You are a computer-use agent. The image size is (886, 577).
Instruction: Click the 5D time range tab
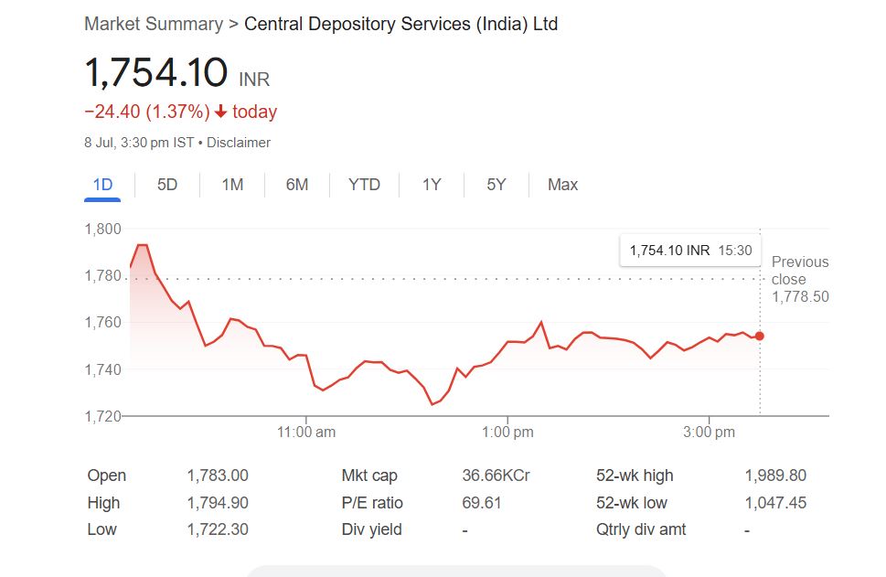tap(167, 185)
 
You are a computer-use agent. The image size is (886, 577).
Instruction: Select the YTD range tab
tap(364, 185)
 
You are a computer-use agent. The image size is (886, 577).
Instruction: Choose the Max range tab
tap(562, 185)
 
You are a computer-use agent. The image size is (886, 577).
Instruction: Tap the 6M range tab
tap(297, 185)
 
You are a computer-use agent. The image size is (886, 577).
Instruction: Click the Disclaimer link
tap(239, 143)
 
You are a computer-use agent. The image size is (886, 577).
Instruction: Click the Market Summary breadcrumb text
tap(154, 24)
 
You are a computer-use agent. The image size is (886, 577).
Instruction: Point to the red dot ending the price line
tap(759, 336)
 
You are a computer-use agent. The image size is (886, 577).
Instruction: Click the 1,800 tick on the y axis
tap(102, 229)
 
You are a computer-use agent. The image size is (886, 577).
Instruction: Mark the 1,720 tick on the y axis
tap(102, 416)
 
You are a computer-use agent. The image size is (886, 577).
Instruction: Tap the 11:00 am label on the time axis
tap(305, 433)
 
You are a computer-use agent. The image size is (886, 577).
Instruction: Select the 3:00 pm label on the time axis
tap(710, 433)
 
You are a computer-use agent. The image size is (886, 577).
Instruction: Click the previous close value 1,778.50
tap(800, 297)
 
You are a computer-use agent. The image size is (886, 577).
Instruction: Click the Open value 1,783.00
tap(218, 475)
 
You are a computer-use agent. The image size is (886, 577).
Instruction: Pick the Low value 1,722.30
tap(218, 529)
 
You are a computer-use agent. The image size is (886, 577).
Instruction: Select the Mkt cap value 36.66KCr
tap(496, 475)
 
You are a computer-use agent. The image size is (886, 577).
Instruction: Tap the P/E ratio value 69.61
tap(482, 503)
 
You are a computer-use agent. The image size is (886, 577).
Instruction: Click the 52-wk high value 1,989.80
tap(775, 475)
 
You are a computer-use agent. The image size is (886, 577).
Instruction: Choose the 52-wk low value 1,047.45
tap(775, 503)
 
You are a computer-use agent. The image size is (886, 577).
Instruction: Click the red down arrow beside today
tap(220, 112)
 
